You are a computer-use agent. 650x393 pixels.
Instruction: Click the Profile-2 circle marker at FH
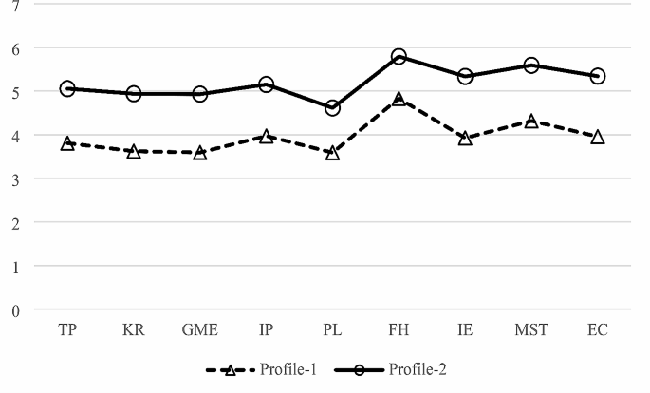click(x=399, y=57)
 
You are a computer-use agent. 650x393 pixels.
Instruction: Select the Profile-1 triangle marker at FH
click(x=399, y=100)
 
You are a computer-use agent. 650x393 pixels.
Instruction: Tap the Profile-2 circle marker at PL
click(x=332, y=108)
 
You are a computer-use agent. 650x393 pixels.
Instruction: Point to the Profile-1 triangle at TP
click(x=67, y=143)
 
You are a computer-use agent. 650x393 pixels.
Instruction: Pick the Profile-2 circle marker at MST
click(x=531, y=65)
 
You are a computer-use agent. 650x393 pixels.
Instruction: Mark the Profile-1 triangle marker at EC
click(x=598, y=137)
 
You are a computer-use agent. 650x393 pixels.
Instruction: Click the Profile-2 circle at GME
click(x=200, y=94)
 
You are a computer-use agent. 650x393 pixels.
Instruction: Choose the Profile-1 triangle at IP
click(x=267, y=137)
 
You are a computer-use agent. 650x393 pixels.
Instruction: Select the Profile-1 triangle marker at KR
click(x=134, y=151)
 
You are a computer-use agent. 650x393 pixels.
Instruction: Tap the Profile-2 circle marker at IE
click(x=465, y=76)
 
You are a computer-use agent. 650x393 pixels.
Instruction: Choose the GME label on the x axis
click(x=200, y=330)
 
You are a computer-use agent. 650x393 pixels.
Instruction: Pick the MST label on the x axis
click(x=531, y=330)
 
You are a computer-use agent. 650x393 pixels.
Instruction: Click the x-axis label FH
click(x=399, y=330)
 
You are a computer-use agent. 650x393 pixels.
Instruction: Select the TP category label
click(x=67, y=330)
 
